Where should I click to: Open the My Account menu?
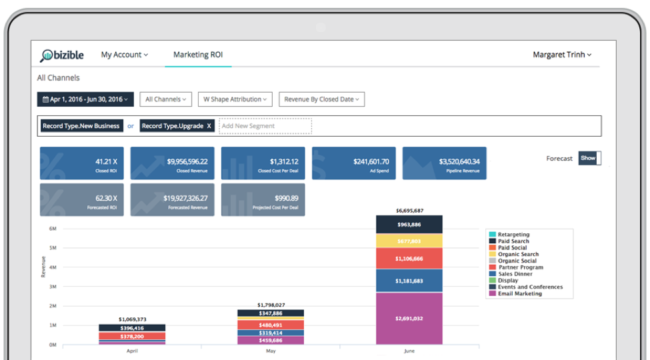point(124,55)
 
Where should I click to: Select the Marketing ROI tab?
point(198,55)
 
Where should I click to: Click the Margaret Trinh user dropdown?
point(562,55)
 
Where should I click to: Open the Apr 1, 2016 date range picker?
point(85,99)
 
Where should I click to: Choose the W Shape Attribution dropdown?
point(235,99)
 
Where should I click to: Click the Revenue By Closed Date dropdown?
point(321,99)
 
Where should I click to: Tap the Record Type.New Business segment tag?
point(81,126)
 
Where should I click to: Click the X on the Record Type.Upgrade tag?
point(209,126)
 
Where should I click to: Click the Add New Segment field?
point(265,126)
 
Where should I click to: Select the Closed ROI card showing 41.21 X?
point(81,163)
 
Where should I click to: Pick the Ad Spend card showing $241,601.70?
point(353,163)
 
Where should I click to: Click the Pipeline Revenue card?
point(444,163)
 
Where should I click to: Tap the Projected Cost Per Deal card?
point(263,200)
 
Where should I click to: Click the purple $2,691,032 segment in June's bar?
point(409,319)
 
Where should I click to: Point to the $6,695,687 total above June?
point(409,210)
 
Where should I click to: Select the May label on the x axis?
point(271,351)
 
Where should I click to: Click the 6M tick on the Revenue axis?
point(53,229)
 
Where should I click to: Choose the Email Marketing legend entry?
point(519,294)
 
